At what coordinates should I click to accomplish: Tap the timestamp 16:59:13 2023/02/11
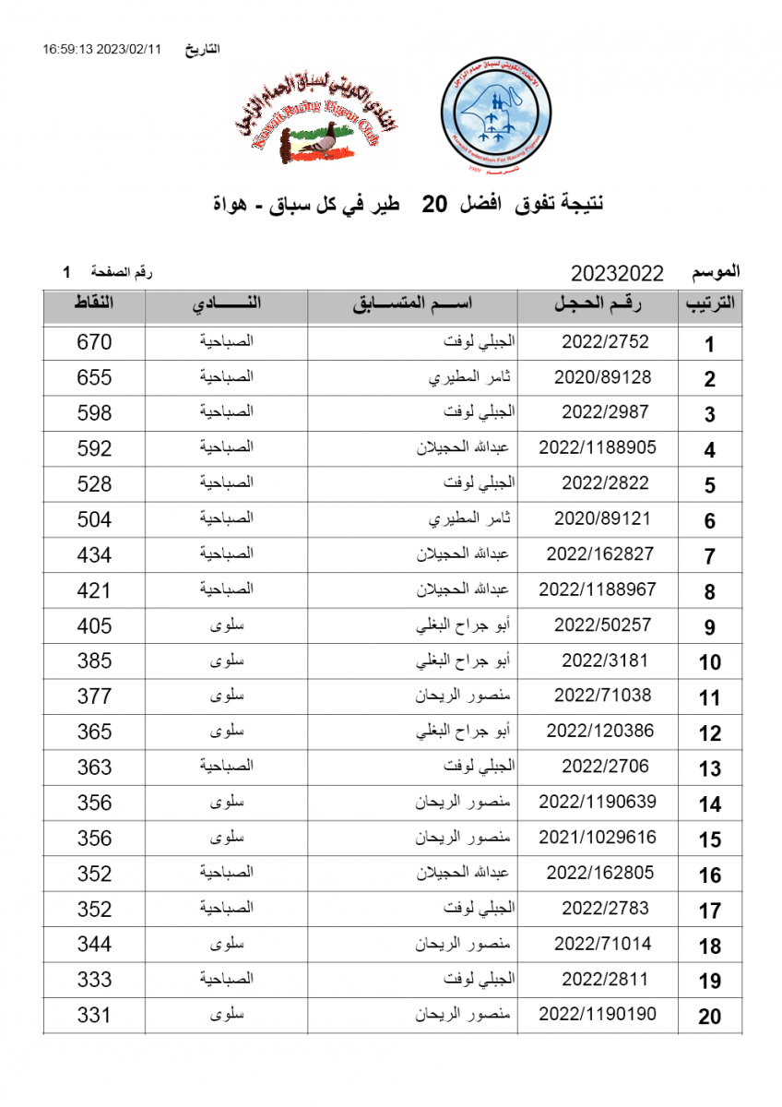pos(101,49)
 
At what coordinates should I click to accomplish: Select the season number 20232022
pos(617,273)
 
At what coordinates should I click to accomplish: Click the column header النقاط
pos(93,304)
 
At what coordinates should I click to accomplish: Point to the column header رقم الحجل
pos(598,305)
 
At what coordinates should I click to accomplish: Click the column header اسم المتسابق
pos(412,305)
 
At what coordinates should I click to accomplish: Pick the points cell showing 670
pos(93,342)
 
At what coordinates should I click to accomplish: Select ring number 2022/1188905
pos(598,447)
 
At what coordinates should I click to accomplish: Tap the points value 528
pos(93,483)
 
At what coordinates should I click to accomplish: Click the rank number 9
pos(709,627)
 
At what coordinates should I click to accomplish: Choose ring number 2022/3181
pos(605,661)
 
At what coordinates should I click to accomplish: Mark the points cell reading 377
pos(93,696)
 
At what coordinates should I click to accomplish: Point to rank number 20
pos(709,1017)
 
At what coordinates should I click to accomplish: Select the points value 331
pos(93,1015)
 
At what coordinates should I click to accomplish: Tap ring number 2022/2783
pos(605,909)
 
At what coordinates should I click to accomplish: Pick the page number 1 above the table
pos(66,272)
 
